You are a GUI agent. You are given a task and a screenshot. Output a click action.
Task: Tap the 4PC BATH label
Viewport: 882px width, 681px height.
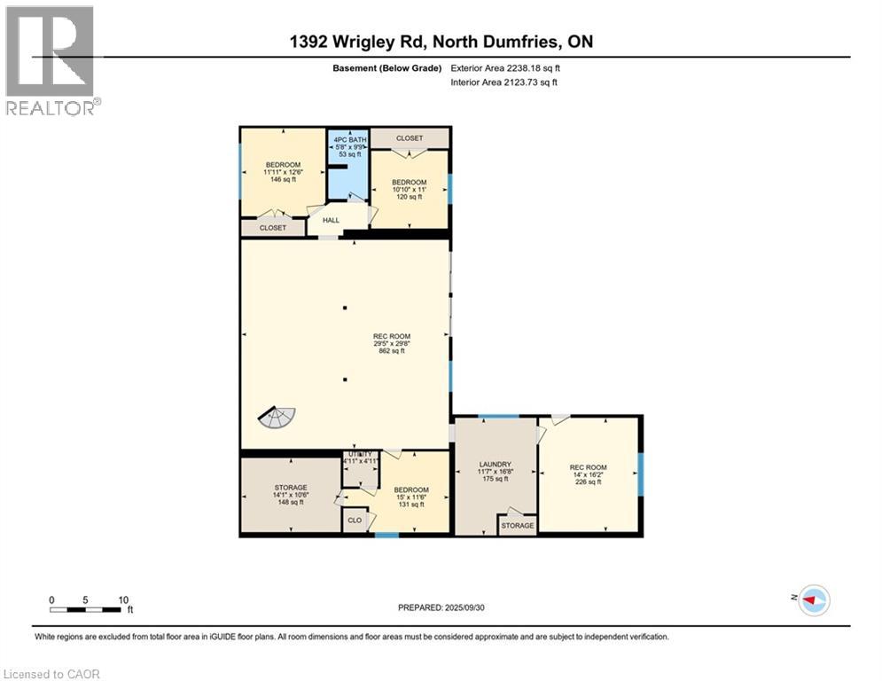[x=347, y=140]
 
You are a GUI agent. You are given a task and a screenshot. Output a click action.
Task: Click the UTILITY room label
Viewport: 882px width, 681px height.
[x=361, y=454]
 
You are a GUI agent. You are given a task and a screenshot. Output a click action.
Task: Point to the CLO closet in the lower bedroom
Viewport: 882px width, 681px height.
[x=355, y=521]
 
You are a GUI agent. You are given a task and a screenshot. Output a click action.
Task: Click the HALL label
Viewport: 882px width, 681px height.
[x=331, y=221]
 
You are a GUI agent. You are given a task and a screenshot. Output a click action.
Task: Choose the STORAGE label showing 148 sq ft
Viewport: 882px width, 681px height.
[x=291, y=488]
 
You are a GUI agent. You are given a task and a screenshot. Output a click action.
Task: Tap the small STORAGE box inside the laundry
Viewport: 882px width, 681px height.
[x=517, y=526]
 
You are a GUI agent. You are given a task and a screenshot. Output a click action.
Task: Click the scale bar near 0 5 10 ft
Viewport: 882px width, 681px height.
[x=85, y=609]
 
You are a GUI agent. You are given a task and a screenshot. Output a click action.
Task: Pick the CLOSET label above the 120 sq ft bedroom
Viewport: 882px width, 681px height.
[x=409, y=138]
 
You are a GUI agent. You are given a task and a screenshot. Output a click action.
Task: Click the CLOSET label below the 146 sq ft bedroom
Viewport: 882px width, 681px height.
[x=272, y=228]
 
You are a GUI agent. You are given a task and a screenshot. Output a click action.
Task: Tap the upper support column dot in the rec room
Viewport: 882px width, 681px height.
[x=345, y=308]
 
